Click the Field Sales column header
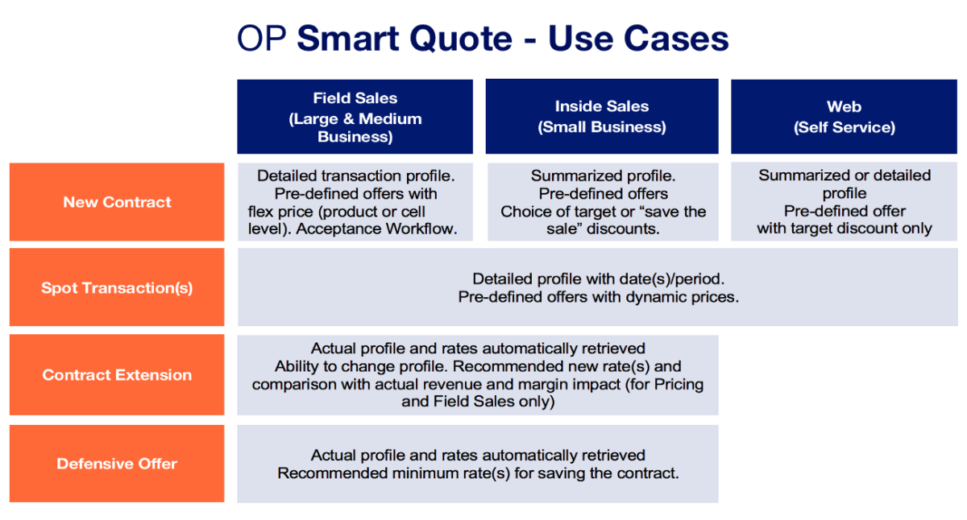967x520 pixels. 355,117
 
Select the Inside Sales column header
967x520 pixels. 602,117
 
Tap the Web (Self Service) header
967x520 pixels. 845,117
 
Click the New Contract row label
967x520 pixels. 117,202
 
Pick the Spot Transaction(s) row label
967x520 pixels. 117,287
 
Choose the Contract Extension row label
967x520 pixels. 117,374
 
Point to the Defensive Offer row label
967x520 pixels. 117,464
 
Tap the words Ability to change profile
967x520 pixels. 356,366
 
